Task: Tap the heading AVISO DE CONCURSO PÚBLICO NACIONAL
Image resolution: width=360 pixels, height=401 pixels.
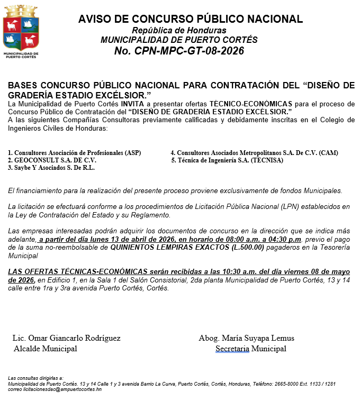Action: pos(191,20)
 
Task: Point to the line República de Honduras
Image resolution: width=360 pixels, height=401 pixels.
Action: pos(179,31)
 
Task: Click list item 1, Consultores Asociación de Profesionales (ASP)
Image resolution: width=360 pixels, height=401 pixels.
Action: pos(74,153)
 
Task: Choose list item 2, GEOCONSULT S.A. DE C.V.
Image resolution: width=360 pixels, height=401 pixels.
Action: pos(52,160)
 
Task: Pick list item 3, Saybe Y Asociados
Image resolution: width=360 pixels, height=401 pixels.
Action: pos(51,167)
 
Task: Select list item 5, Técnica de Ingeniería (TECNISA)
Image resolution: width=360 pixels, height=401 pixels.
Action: pos(227,160)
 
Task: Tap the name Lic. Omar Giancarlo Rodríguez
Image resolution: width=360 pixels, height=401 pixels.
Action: pos(66,338)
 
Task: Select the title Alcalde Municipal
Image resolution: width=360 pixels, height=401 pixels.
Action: pos(45,348)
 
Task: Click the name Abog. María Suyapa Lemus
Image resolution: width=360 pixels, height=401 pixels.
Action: pos(246,338)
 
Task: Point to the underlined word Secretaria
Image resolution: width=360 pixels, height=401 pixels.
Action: pos(232,348)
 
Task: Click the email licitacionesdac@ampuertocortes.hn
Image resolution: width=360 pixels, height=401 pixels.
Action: pos(55,389)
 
